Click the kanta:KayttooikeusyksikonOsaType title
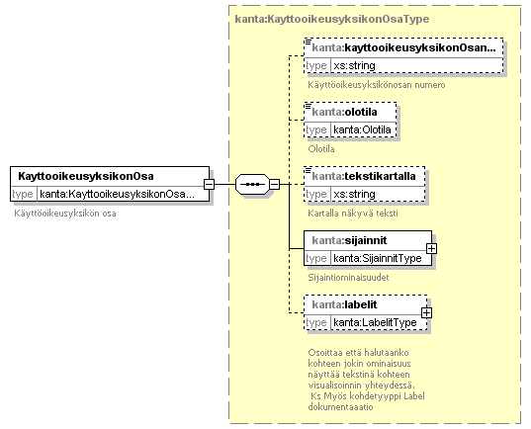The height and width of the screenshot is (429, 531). point(332,19)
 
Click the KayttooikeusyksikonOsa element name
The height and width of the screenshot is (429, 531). point(86,176)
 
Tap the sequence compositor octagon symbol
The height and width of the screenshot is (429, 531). point(252,184)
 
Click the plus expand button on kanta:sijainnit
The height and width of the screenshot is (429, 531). point(431,248)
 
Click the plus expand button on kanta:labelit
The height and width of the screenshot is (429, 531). point(427,312)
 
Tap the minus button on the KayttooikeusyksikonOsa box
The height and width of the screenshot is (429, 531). point(209,184)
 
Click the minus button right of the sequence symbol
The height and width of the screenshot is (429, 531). point(274,184)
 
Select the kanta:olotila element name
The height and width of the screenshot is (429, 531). point(344,112)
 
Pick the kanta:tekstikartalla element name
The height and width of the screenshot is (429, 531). point(364,176)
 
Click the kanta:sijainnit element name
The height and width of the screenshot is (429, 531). point(349,240)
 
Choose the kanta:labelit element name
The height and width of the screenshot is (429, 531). point(344,304)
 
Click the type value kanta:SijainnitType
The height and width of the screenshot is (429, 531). point(378,258)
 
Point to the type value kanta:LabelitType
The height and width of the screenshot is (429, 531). point(375,322)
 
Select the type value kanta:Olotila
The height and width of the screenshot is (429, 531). point(362,129)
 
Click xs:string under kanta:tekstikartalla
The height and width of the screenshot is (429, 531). point(354,194)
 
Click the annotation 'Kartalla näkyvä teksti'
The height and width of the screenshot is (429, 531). point(353,214)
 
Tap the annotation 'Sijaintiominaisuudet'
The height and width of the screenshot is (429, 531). point(348,278)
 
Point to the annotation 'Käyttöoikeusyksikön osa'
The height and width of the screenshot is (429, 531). point(65,214)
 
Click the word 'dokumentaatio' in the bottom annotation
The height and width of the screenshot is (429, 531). point(341,407)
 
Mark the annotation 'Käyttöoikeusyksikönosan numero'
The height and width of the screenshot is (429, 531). point(377,85)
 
